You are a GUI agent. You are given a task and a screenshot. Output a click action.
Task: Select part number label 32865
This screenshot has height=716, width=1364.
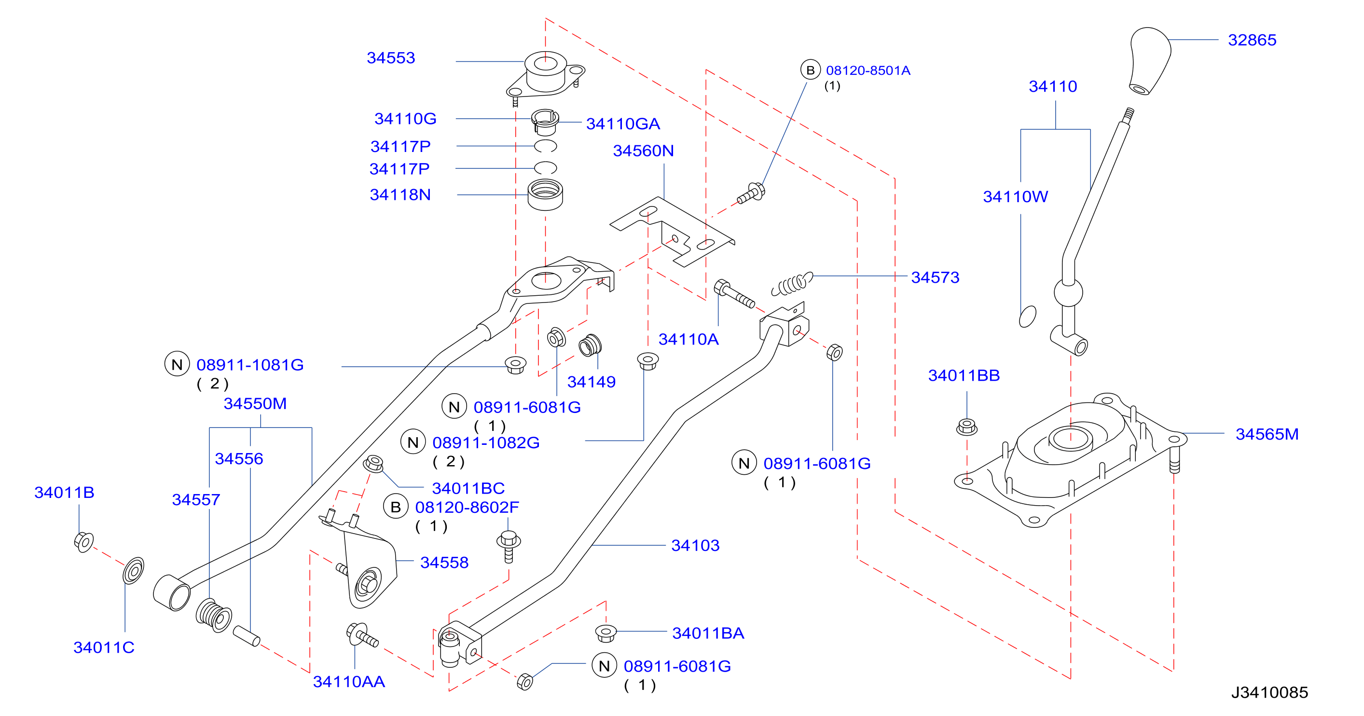tap(1252, 40)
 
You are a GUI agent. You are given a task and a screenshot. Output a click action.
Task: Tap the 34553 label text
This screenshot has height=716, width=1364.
tap(391, 58)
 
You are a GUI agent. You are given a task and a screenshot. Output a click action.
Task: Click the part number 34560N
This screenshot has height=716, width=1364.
tap(643, 151)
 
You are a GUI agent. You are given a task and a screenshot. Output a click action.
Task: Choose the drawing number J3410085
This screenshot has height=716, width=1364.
tap(1269, 692)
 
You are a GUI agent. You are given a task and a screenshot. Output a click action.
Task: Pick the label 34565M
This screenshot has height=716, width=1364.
tap(1267, 434)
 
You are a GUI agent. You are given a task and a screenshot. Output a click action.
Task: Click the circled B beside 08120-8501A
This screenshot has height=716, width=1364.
tap(810, 70)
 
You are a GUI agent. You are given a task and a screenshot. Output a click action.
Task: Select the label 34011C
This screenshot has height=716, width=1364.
tap(104, 647)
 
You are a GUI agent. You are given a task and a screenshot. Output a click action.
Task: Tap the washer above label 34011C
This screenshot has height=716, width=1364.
tap(133, 570)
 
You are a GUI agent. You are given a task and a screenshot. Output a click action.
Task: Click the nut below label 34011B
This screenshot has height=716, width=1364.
tap(83, 542)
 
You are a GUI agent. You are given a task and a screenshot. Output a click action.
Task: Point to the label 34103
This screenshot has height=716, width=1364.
tap(695, 546)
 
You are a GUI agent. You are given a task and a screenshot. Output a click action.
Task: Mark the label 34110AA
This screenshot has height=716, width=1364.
tap(349, 682)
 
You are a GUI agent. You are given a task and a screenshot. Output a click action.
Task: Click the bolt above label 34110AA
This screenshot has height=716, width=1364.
tap(362, 634)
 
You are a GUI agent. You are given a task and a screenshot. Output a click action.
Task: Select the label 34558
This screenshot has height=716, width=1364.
tap(444, 563)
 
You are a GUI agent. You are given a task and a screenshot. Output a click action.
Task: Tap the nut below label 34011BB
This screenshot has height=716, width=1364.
tap(967, 427)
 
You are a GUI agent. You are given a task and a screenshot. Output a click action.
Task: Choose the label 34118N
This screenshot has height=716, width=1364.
tap(400, 195)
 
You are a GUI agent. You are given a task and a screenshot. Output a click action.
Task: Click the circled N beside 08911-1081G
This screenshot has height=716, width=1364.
tap(177, 364)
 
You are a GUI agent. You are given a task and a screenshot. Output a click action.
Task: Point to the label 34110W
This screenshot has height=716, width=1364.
tap(1015, 197)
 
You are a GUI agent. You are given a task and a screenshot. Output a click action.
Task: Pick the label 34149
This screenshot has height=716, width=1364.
tap(592, 382)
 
